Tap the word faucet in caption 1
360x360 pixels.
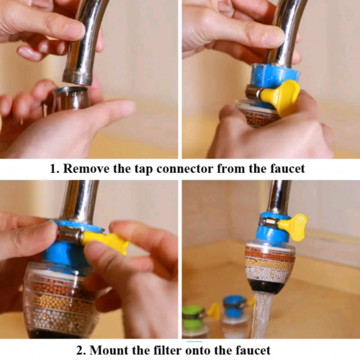(282, 168)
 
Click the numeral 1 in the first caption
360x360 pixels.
(53, 168)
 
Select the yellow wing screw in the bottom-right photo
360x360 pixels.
(294, 227)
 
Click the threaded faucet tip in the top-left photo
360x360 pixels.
(76, 75)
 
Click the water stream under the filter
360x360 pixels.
(263, 313)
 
